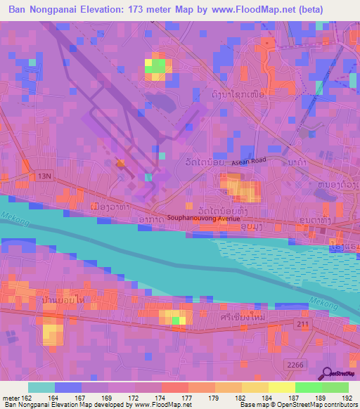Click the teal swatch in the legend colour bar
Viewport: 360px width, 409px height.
pos(41,387)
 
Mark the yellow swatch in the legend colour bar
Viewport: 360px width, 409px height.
pos(281,387)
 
